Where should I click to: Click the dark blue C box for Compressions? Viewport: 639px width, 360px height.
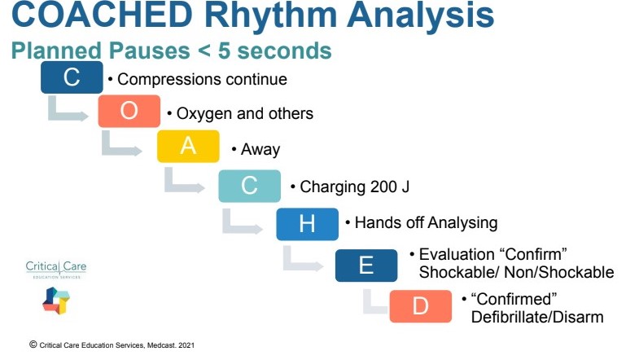[72, 78]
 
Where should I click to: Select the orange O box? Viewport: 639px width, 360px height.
[129, 112]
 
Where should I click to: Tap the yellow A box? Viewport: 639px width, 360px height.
[188, 147]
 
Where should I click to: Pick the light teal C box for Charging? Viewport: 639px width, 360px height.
[249, 186]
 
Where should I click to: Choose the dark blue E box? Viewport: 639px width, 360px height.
[366, 266]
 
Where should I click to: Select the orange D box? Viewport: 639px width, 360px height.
[420, 305]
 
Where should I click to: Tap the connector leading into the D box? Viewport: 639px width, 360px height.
[374, 304]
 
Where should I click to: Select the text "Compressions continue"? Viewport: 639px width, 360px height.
[202, 80]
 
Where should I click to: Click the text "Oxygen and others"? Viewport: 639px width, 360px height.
[243, 113]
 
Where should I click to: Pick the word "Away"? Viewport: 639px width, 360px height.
[260, 149]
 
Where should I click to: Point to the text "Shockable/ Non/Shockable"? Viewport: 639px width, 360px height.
[515, 271]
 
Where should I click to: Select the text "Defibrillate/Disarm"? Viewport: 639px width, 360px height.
[536, 316]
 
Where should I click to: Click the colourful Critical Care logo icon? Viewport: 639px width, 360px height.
[55, 301]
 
